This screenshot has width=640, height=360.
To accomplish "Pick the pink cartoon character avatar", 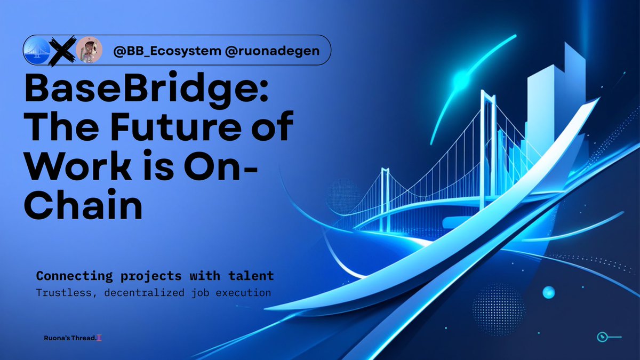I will point(89,51).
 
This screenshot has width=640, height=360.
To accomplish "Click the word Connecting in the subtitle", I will point(70,276).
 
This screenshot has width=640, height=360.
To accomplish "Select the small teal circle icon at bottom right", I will point(601,337).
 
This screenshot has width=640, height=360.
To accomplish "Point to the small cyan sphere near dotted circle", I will point(548,292).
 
